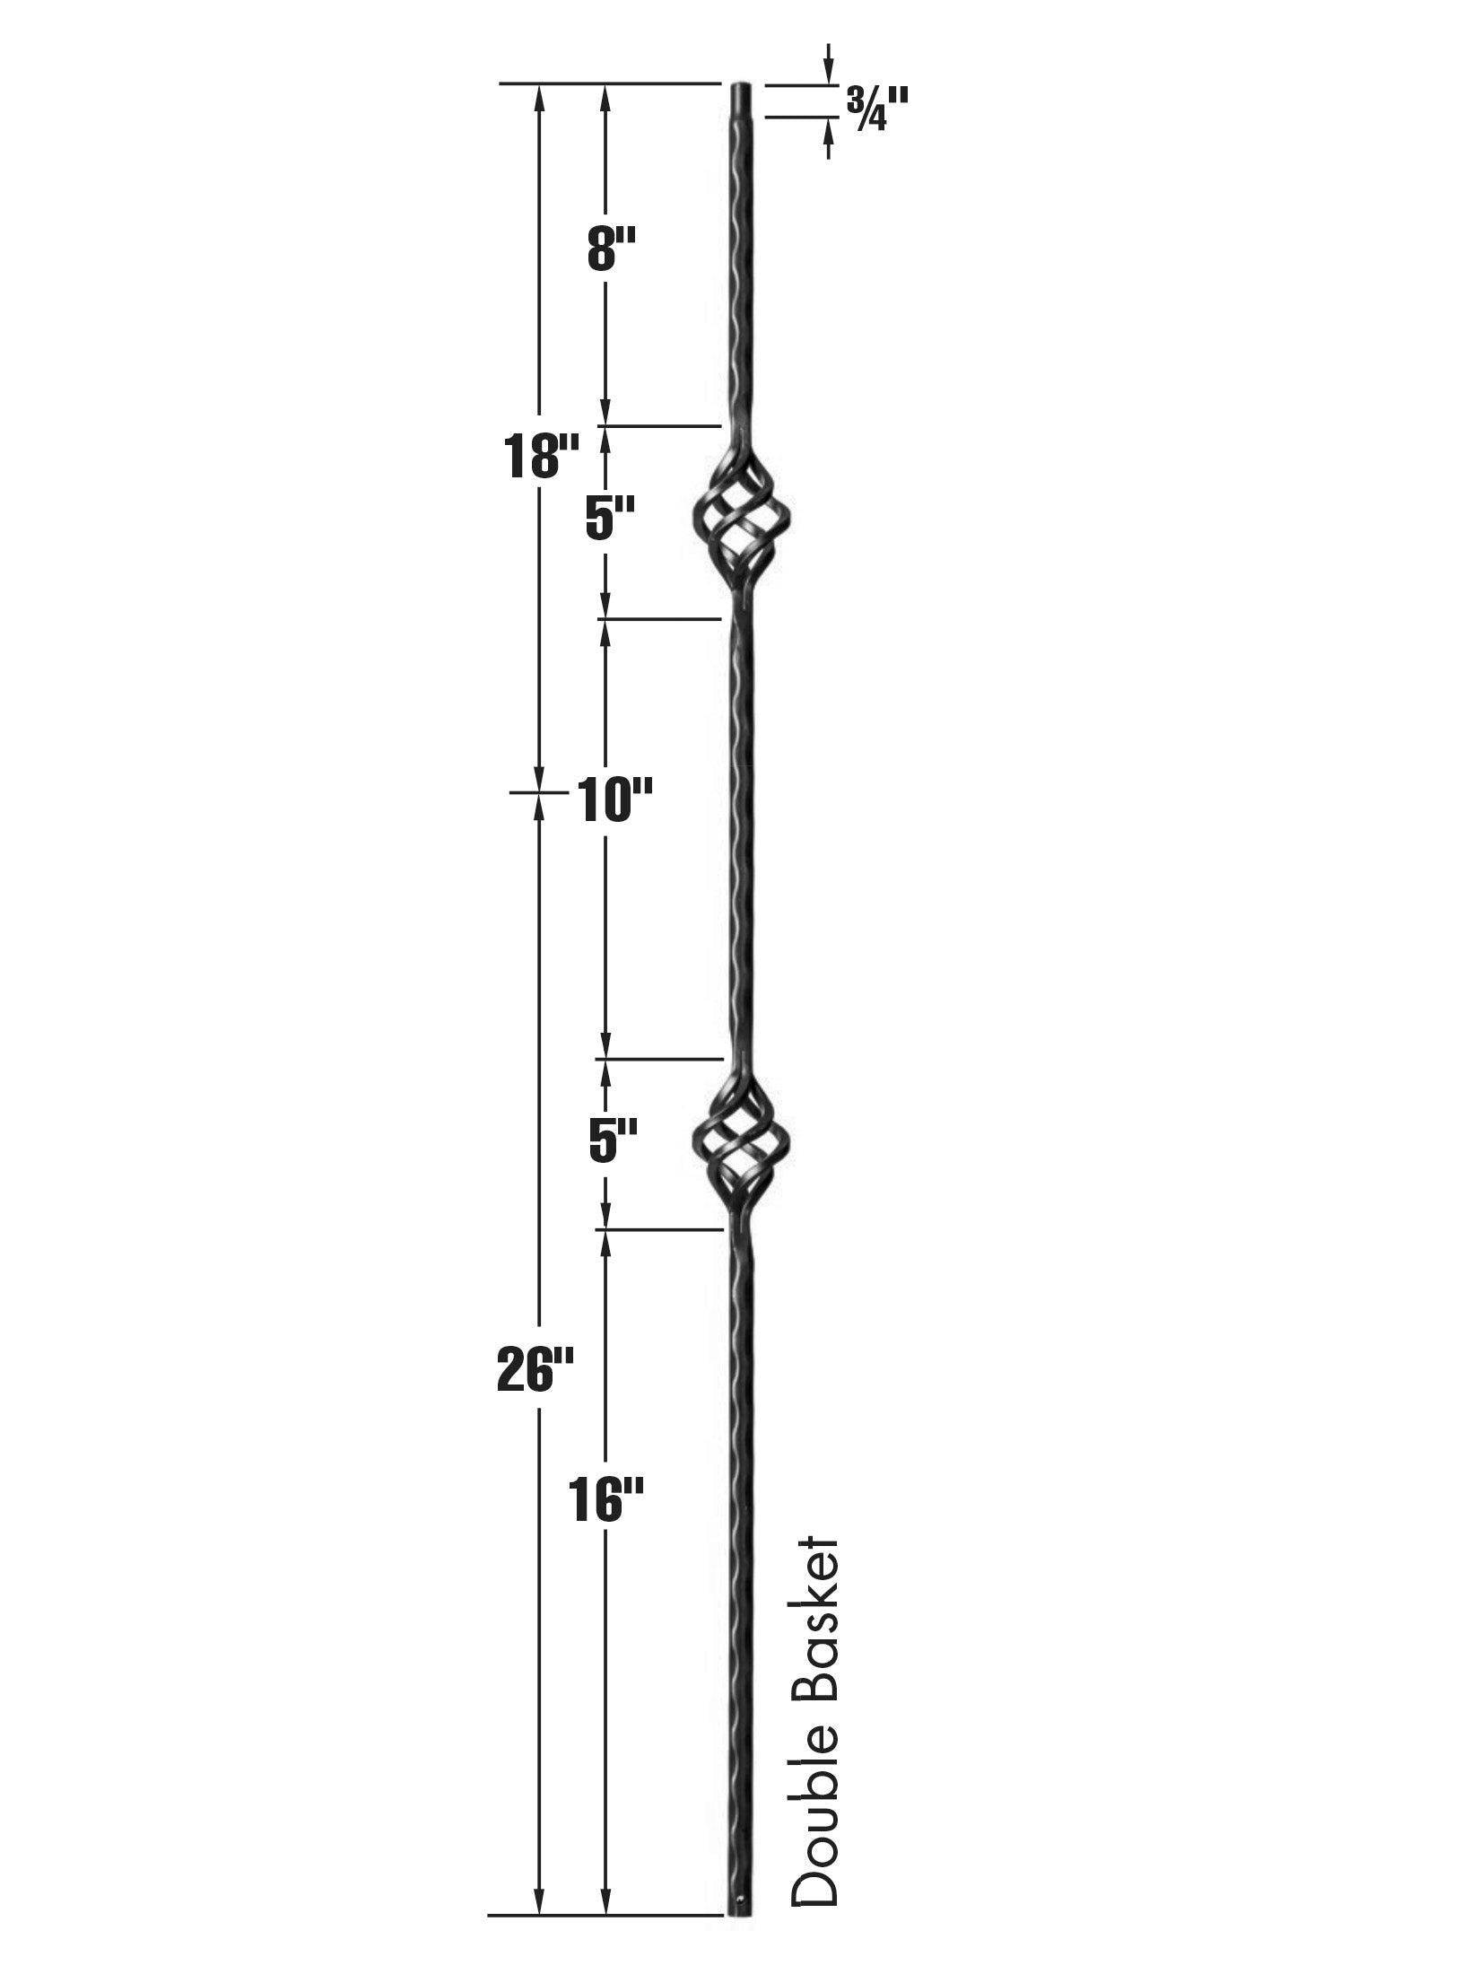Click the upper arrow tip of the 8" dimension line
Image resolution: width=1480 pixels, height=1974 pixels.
[605, 85]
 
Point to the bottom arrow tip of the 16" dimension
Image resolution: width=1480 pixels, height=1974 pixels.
[605, 1908]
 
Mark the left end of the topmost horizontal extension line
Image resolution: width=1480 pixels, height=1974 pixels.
[500, 83]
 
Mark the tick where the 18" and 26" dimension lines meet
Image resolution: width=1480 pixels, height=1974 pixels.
[539, 792]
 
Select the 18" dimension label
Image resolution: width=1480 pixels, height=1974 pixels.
[538, 455]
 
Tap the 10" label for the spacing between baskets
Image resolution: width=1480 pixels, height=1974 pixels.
[608, 800]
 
